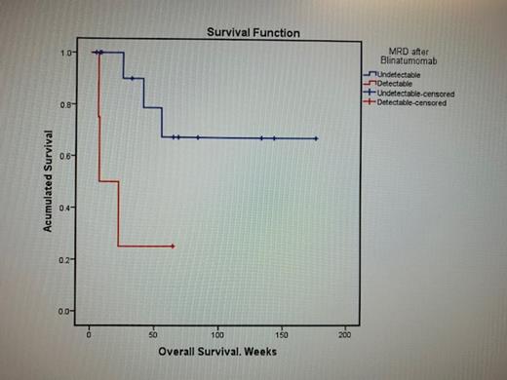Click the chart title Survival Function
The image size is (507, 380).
click(253, 33)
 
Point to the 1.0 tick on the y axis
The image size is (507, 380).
click(69, 53)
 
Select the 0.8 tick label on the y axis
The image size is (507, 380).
click(69, 104)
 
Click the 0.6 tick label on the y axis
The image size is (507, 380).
click(69, 156)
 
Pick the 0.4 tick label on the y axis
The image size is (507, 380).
click(69, 208)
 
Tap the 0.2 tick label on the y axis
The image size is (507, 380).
click(69, 259)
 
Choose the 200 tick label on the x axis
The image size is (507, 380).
click(344, 334)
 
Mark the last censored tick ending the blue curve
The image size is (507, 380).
click(316, 138)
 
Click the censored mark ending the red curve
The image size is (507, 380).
click(173, 247)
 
